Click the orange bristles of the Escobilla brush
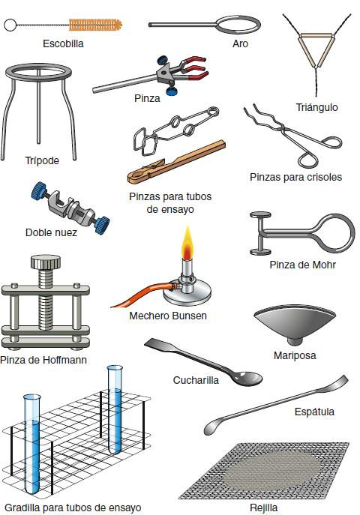[95, 25]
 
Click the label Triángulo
[316, 107]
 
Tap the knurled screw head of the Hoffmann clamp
[46, 262]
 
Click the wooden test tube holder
[176, 162]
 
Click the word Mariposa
[295, 355]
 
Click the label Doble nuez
[51, 232]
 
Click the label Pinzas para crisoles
[295, 177]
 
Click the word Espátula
[314, 412]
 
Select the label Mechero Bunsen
[168, 316]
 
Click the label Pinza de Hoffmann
[43, 360]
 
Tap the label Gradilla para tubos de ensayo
[73, 508]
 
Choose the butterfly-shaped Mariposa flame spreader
[295, 325]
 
